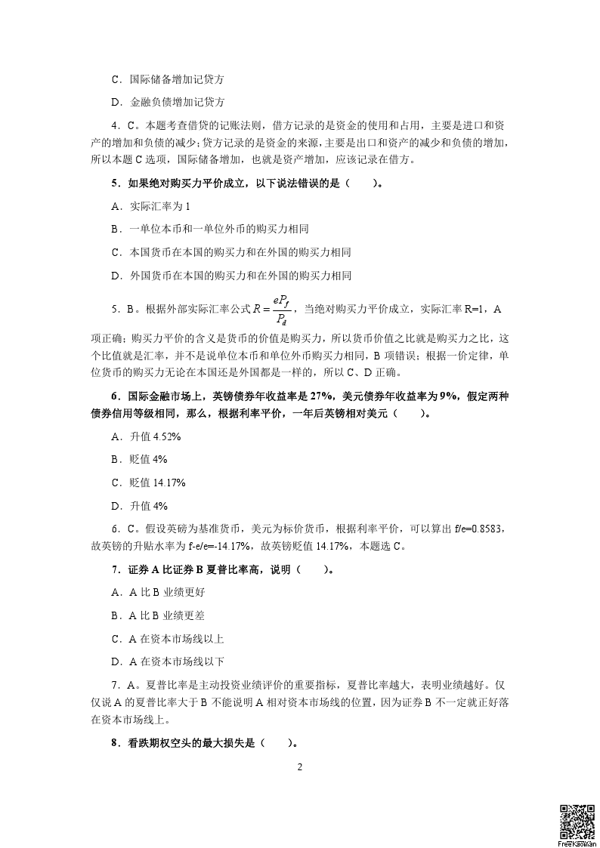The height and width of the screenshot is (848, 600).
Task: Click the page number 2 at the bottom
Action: coord(300,767)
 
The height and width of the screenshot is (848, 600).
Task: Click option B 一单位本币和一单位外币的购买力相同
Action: coord(209,229)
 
